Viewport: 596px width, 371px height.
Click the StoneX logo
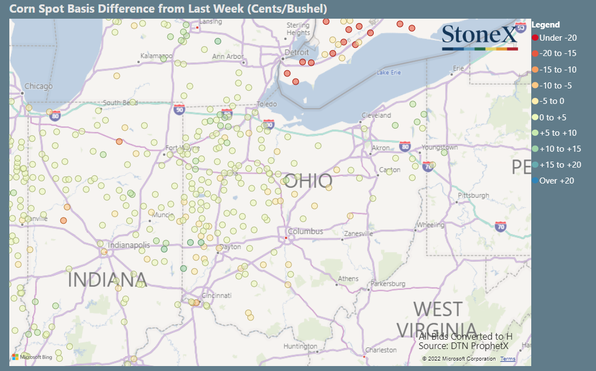pos(480,37)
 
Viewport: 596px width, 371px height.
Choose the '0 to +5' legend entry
pos(553,117)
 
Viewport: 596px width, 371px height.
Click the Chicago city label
pos(38,86)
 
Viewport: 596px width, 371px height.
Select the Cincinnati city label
pos(217,295)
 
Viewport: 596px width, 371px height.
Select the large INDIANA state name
pos(107,279)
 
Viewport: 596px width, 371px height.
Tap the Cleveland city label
pos(376,115)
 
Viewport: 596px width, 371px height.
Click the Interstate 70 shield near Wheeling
pos(500,226)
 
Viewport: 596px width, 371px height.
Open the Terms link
pos(508,359)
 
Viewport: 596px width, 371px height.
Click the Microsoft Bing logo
pos(31,357)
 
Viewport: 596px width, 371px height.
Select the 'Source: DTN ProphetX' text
pos(463,346)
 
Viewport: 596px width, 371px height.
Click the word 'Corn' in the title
pos(22,9)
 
